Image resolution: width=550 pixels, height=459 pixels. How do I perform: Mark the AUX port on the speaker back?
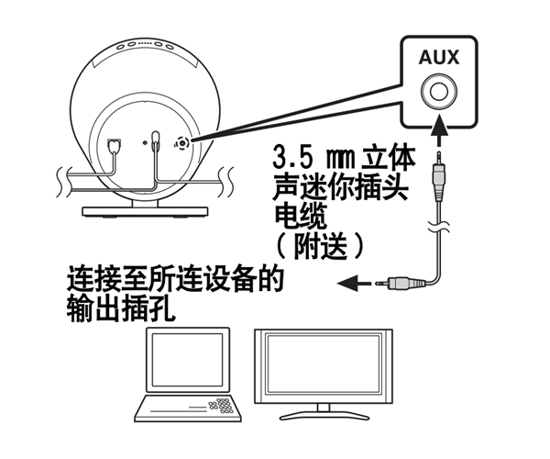pos(181,142)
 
